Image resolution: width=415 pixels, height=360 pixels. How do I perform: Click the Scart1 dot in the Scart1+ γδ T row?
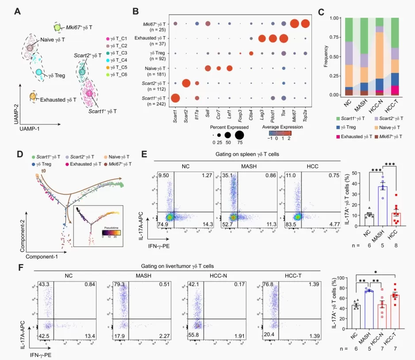pos(175,98)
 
